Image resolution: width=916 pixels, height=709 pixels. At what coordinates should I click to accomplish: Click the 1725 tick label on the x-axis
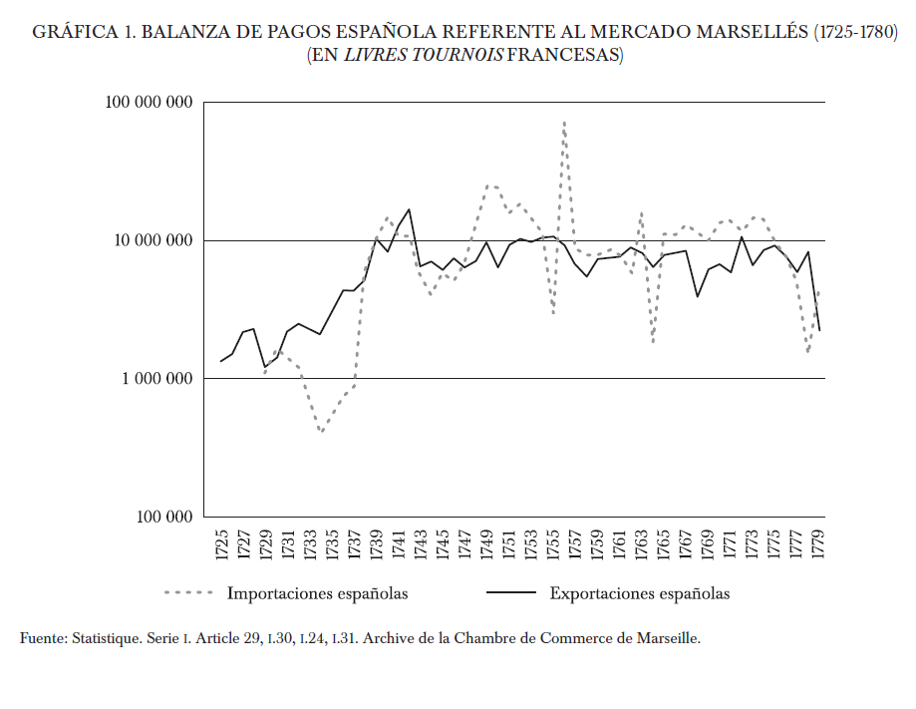point(222,544)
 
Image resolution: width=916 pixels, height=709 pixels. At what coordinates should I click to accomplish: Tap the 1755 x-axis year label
point(553,544)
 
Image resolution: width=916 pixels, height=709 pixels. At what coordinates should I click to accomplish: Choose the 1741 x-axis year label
point(399,544)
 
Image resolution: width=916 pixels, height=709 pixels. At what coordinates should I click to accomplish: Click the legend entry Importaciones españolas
point(318,594)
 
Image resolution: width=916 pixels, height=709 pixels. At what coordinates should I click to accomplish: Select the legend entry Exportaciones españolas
point(639,594)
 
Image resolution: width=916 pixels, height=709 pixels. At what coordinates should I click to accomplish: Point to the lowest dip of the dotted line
point(321,433)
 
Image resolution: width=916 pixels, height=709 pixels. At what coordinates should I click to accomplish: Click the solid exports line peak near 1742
point(410,209)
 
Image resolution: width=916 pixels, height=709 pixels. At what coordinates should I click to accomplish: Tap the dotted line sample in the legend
point(189,594)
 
